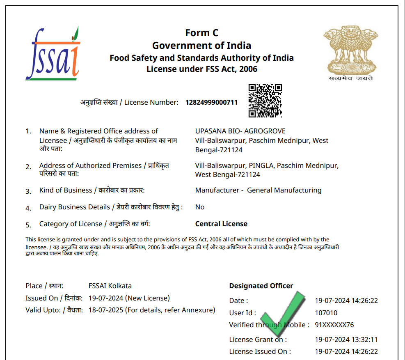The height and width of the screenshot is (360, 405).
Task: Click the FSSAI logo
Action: [52, 54]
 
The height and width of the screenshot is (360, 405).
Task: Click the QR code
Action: [265, 101]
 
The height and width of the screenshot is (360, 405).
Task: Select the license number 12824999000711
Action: [211, 102]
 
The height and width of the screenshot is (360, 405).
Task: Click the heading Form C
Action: [201, 33]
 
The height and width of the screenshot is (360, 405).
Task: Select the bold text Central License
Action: [221, 224]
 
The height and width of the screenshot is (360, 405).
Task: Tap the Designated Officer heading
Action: [261, 286]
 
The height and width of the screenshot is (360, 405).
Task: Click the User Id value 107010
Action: [326, 313]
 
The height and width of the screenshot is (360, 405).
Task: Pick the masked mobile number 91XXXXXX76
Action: [334, 325]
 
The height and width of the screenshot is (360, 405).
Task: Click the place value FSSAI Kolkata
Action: [110, 286]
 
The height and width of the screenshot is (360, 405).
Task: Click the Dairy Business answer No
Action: [200, 207]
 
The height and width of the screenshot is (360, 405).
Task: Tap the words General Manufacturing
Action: [284, 190]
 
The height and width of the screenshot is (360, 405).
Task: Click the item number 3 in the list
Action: [28, 191]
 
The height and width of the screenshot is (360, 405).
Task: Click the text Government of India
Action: [201, 45]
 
